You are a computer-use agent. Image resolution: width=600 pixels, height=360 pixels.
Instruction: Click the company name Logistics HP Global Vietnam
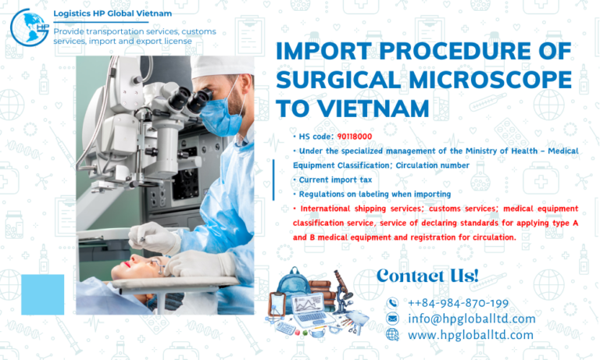click(x=112, y=14)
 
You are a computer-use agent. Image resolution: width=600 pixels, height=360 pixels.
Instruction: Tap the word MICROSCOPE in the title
click(x=494, y=80)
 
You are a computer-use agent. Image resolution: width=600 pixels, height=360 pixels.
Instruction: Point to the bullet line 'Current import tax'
click(x=322, y=180)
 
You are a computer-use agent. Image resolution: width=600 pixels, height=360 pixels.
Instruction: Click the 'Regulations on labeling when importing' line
click(x=362, y=194)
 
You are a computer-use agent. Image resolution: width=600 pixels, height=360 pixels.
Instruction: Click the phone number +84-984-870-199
click(x=458, y=303)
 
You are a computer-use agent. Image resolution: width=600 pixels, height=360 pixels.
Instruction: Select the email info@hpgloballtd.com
click(x=471, y=319)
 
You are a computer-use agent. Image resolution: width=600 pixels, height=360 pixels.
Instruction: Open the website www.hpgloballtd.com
click(x=470, y=334)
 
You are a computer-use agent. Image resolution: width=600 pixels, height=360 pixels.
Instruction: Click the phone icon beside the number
click(x=392, y=303)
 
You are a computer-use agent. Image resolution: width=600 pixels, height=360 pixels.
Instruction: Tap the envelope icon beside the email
click(x=392, y=319)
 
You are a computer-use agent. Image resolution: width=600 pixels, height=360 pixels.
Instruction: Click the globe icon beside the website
click(x=392, y=334)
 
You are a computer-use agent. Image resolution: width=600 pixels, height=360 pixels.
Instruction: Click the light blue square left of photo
click(x=43, y=294)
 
